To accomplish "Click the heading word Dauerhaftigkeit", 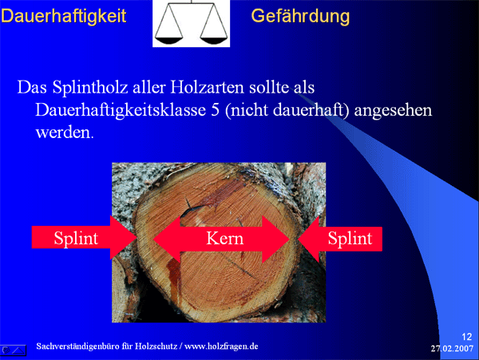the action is [64, 16].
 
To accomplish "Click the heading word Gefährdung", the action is [300, 16].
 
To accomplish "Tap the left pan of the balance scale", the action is [168, 40].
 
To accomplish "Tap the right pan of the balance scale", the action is [214, 40].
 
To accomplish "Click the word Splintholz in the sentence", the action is [90, 88].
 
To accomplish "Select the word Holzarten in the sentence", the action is [207, 87].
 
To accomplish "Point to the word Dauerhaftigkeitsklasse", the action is [121, 110].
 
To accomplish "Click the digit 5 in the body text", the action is [216, 110].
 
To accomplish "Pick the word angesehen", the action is [393, 111].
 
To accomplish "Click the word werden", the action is [64, 133].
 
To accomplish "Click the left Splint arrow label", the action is [76, 238].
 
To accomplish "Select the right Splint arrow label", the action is [350, 238].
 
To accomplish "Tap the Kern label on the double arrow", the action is [225, 238].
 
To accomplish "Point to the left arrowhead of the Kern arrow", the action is [153, 239].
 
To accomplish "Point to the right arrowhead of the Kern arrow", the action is [290, 239].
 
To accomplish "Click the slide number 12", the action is [467, 337].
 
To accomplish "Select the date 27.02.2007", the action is [452, 348].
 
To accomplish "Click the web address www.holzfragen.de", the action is [221, 346].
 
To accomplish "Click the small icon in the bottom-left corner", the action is [14, 350].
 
